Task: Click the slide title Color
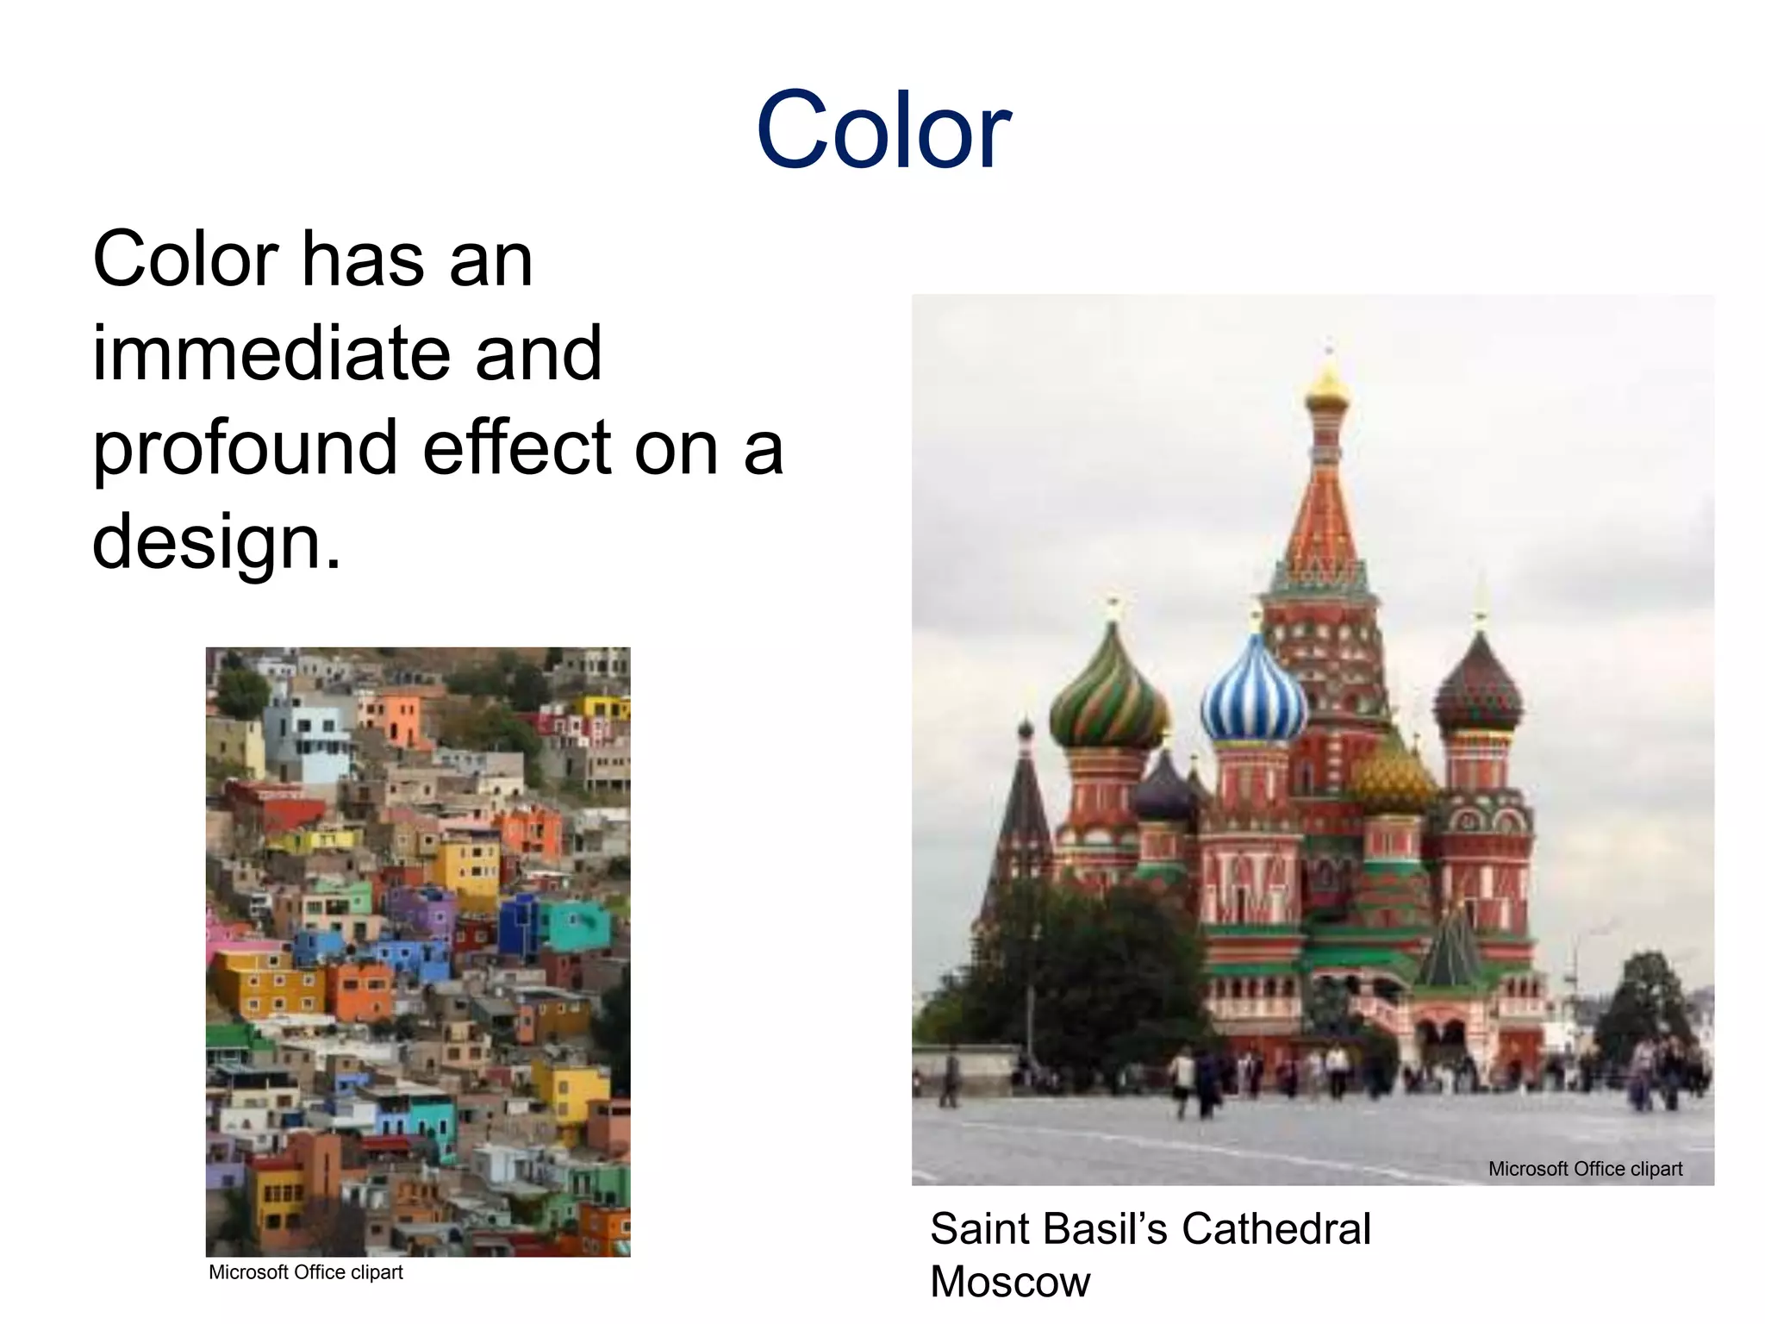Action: (882, 131)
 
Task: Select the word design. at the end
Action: (216, 542)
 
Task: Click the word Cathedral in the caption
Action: (1275, 1228)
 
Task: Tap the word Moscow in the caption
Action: (1010, 1282)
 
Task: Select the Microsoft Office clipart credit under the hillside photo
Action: (305, 1272)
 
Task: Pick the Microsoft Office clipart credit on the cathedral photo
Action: (1584, 1169)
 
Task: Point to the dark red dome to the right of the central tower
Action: (1478, 690)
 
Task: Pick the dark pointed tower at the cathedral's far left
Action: (1024, 802)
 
